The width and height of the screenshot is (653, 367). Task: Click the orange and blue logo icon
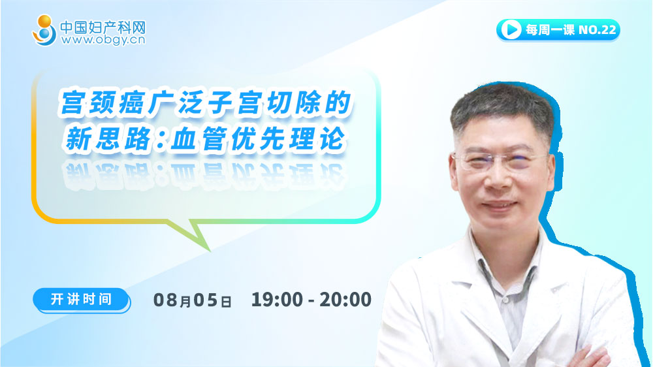click(44, 30)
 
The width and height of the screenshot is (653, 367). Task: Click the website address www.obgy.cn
click(103, 40)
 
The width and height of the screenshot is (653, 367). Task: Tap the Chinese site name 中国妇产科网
click(103, 27)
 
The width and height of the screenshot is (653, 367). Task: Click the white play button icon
click(511, 29)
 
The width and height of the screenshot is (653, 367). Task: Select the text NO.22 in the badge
click(597, 30)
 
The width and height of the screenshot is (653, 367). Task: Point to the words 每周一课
click(550, 30)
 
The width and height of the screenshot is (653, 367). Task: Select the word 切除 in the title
click(291, 103)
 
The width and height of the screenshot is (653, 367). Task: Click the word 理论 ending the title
click(317, 138)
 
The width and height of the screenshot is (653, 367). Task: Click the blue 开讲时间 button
click(81, 300)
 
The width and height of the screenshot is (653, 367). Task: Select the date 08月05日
click(193, 300)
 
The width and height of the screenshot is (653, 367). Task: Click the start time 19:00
click(277, 300)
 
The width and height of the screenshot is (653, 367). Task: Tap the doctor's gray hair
click(502, 106)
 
